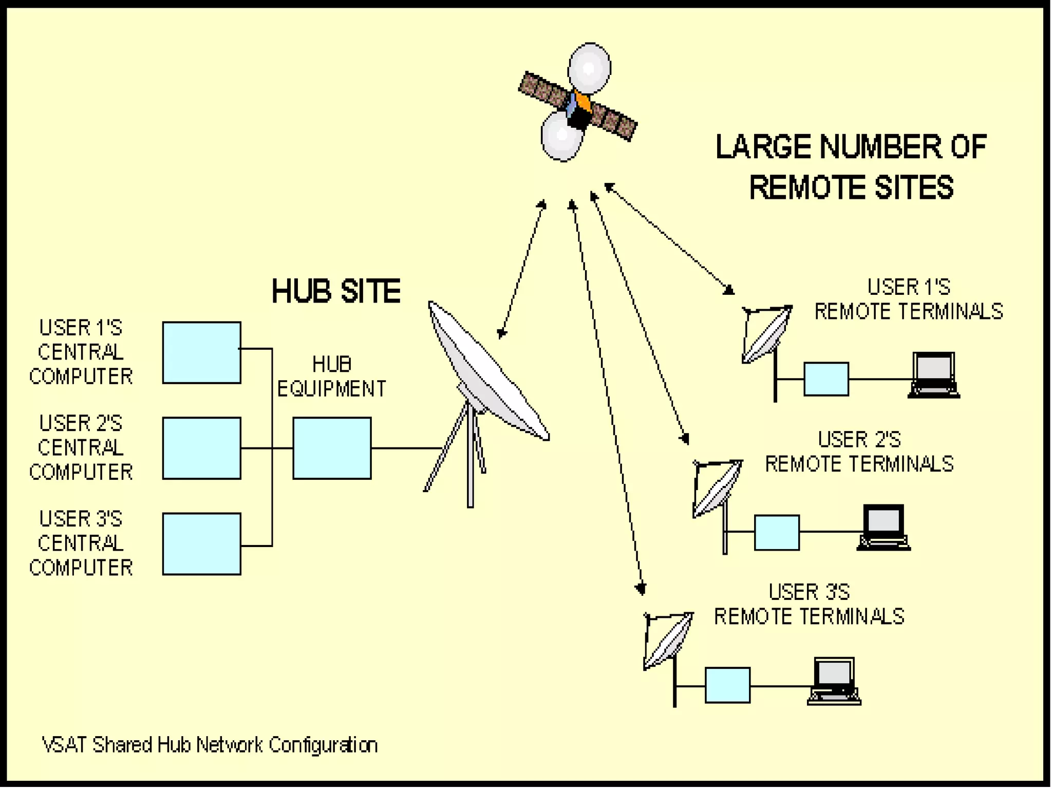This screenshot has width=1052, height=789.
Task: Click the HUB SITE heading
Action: tap(336, 291)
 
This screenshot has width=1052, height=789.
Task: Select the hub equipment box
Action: tap(332, 448)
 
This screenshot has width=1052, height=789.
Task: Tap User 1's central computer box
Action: tap(201, 353)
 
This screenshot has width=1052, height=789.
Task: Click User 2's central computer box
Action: tap(201, 448)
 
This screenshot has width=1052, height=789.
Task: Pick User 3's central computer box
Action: tap(201, 544)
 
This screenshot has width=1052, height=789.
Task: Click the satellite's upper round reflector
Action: tap(589, 68)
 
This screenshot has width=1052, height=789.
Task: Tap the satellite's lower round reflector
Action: tap(561, 136)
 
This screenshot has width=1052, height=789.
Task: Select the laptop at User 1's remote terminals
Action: tap(933, 375)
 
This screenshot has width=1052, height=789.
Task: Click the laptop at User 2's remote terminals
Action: tap(884, 528)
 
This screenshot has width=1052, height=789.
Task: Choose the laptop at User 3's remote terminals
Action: tap(834, 681)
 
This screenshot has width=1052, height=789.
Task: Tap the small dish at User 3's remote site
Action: tap(668, 640)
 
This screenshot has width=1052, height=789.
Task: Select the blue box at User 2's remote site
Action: tap(777, 533)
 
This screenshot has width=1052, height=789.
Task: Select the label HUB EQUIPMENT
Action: tap(332, 377)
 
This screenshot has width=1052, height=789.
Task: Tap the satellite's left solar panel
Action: tap(544, 92)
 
